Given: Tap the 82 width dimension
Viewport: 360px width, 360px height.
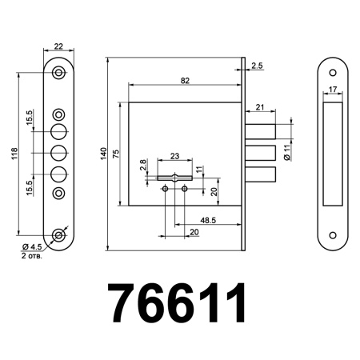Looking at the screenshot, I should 185,81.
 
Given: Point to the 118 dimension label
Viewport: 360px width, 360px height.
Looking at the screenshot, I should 13,154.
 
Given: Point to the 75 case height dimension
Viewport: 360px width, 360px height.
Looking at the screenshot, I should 117,154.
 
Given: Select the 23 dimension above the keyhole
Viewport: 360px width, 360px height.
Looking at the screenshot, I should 175,157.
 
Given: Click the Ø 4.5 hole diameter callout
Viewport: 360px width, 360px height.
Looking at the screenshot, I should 33,247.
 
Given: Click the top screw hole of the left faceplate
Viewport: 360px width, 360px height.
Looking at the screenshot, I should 59,73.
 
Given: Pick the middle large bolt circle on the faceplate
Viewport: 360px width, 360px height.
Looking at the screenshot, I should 59,153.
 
